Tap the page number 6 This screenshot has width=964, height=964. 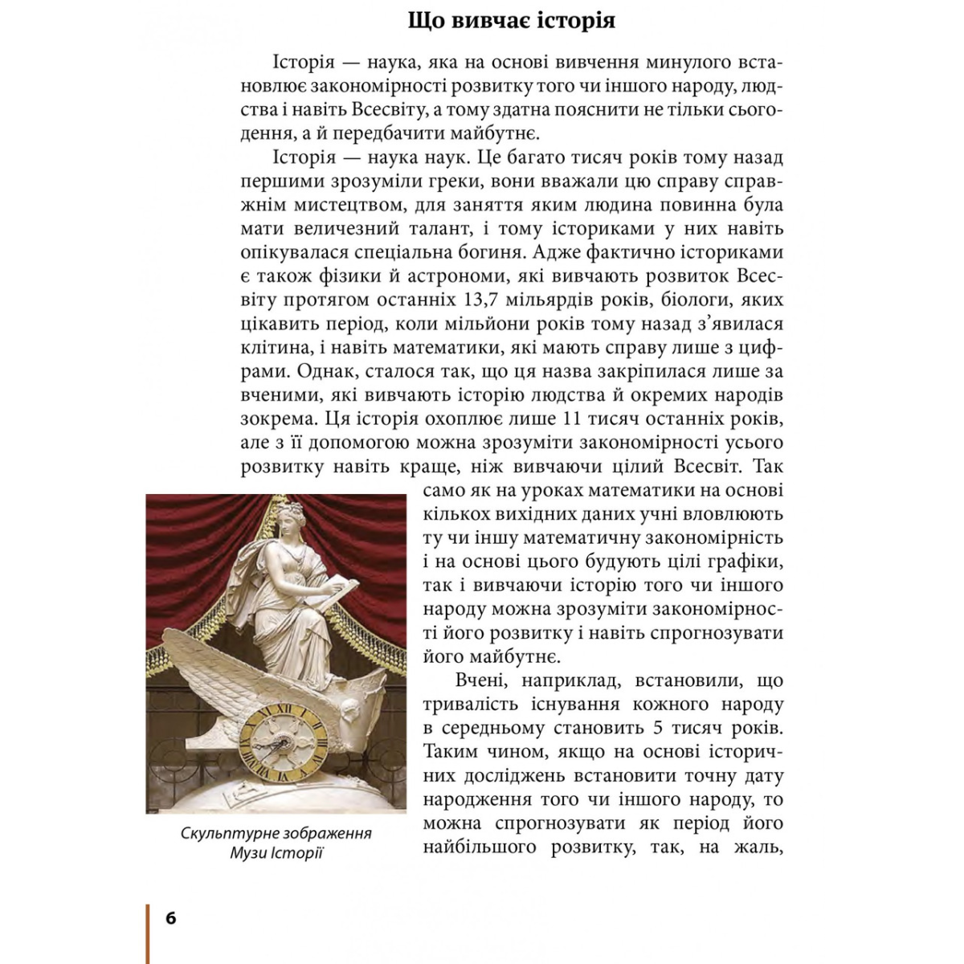[x=171, y=918]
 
